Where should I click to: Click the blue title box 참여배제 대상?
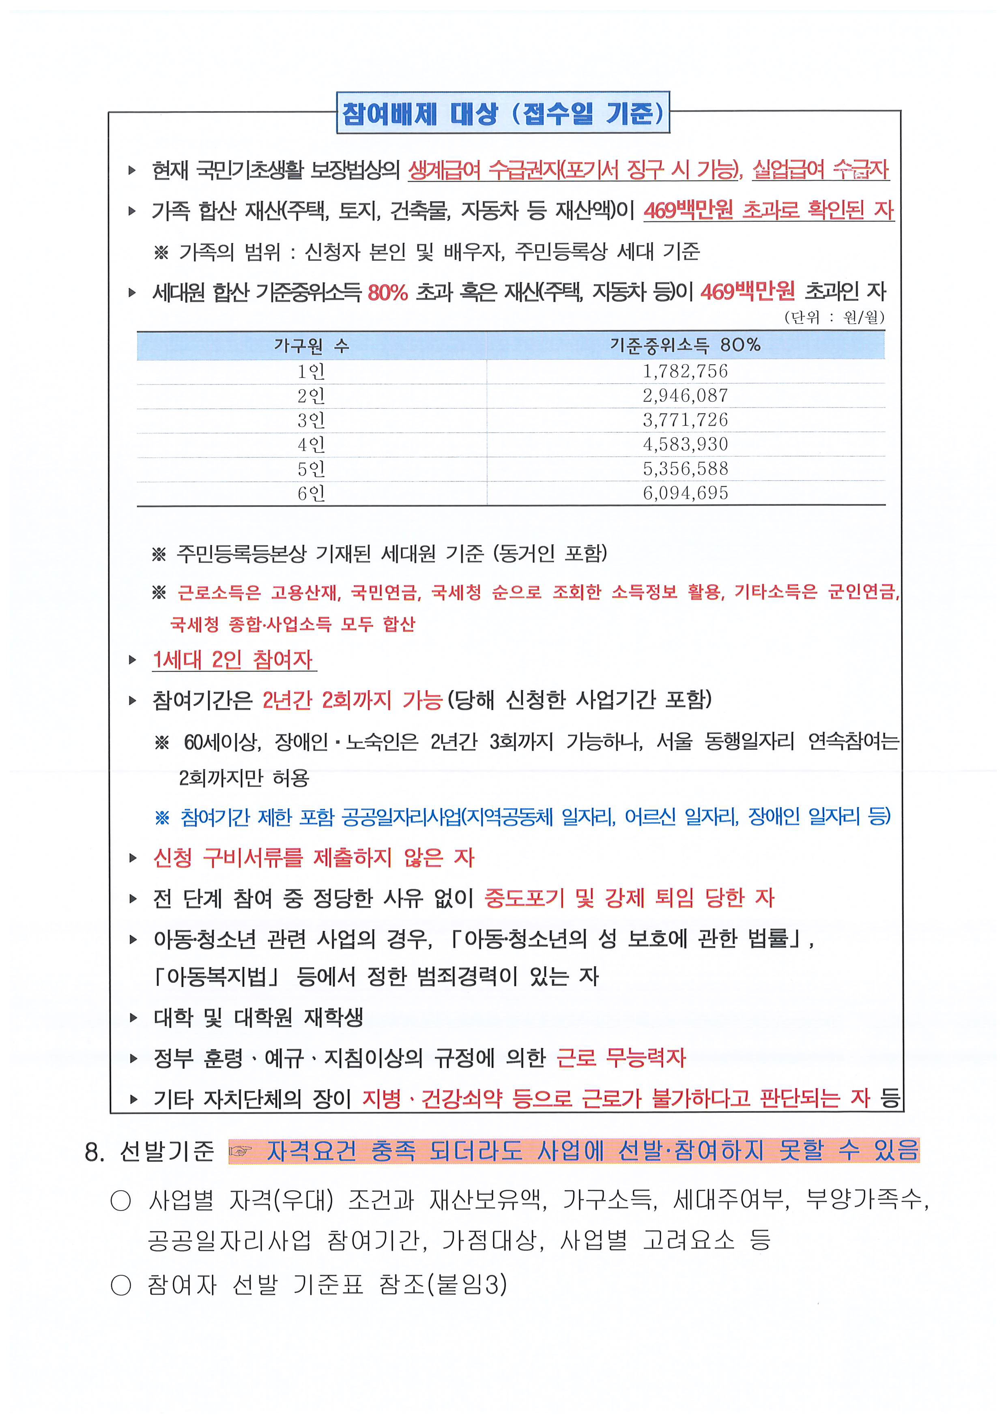point(503,113)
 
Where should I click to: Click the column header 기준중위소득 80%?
point(685,345)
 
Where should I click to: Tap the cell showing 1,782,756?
point(685,371)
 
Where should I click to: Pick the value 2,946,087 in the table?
point(685,395)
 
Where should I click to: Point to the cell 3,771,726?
point(685,420)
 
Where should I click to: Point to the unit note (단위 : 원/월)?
point(834,317)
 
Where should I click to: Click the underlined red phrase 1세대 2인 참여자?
point(233,659)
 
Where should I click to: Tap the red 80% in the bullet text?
point(387,292)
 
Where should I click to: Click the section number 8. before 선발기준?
point(94,1152)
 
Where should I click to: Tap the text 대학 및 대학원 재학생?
point(258,1017)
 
